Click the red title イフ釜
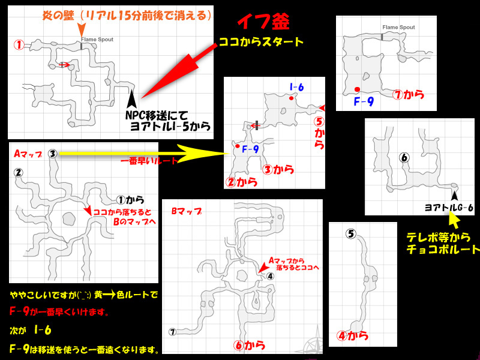point(263,22)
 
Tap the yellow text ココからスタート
point(261,41)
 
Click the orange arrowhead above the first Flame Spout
point(81,30)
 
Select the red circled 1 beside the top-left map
point(19,45)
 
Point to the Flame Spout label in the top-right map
point(398,27)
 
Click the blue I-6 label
point(296,87)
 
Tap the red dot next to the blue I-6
point(291,98)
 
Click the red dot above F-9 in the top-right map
point(357,89)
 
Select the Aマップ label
point(28,154)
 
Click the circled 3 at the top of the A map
point(53,154)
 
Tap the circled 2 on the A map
point(19,173)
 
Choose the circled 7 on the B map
point(172,332)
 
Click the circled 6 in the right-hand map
point(404,158)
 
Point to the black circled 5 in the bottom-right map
point(351,234)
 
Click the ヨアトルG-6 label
point(449,208)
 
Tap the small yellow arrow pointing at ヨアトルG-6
point(454,220)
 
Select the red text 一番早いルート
point(149,161)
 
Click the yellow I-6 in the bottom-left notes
point(43,330)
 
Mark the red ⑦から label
point(408,95)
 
